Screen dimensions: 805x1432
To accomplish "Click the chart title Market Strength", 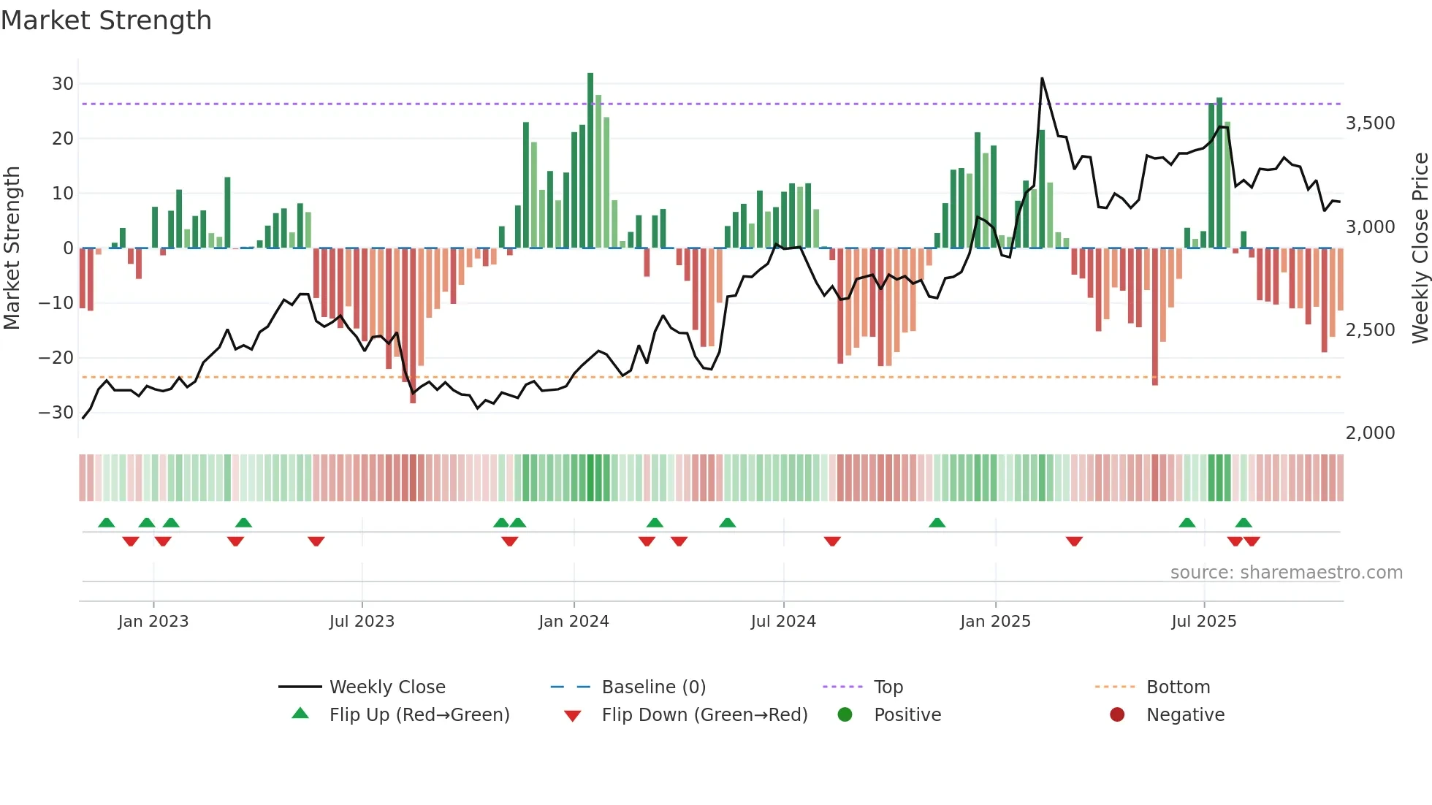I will point(106,20).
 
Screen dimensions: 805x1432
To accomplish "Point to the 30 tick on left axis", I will point(63,84).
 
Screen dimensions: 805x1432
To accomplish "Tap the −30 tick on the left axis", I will point(57,413).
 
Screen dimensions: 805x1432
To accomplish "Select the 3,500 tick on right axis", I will point(1370,123).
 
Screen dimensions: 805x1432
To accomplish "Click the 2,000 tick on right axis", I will point(1370,433).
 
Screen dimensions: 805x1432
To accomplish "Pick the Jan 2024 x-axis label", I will point(574,622).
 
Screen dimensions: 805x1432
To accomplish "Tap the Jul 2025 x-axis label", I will point(1203,622).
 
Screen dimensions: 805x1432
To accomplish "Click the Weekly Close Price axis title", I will point(1420,248).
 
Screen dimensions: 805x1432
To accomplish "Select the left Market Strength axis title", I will point(12,248).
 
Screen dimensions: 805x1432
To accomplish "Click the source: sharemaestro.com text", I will point(1286,573).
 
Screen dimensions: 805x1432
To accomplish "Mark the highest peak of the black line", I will point(1042,78).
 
